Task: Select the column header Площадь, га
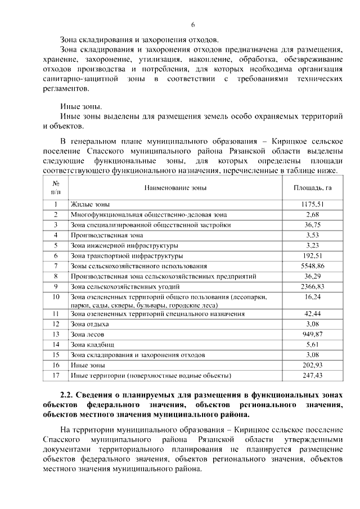click(x=312, y=187)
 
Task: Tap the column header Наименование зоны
click(x=175, y=187)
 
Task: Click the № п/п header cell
click(x=56, y=187)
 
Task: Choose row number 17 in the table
click(x=56, y=375)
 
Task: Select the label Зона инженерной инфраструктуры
click(x=124, y=245)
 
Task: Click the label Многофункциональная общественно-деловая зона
click(x=148, y=214)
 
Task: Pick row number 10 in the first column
click(x=56, y=296)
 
